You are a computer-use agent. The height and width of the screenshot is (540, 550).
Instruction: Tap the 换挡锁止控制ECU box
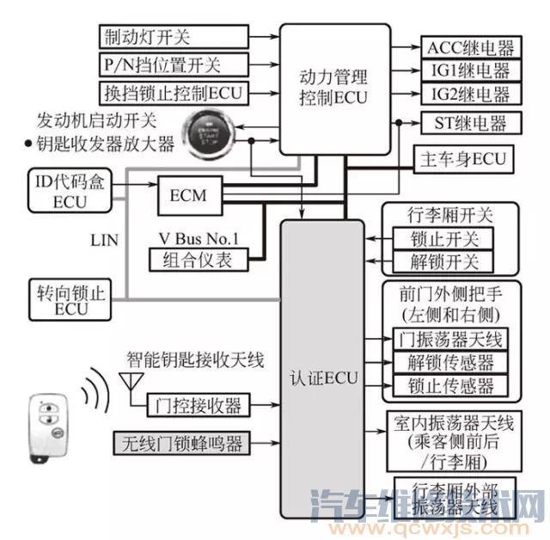[x=175, y=92]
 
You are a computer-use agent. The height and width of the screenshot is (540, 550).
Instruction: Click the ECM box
[x=188, y=195]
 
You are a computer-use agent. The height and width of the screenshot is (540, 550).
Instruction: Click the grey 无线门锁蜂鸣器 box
[x=180, y=444]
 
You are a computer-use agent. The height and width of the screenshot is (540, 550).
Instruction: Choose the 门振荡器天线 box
[x=450, y=339]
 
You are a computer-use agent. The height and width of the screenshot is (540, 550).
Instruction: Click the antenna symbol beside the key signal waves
[x=130, y=383]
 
